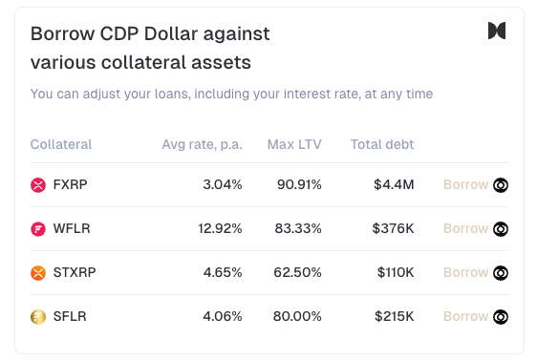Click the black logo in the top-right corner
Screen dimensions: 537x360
(497, 31)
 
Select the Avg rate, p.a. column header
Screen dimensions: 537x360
(202, 145)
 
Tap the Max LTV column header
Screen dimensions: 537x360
(294, 144)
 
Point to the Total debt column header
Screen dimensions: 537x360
(382, 144)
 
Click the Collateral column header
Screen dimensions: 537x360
(61, 144)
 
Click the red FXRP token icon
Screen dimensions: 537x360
(38, 185)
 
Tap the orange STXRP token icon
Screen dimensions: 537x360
(38, 273)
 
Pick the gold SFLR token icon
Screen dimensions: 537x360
(38, 317)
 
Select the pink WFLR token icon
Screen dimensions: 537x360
(38, 229)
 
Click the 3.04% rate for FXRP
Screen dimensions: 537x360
(223, 185)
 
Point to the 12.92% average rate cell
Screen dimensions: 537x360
(220, 228)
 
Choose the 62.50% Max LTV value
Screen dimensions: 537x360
(297, 272)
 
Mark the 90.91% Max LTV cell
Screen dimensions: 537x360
(299, 185)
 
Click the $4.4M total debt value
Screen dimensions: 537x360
(394, 185)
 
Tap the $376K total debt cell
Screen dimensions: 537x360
(393, 228)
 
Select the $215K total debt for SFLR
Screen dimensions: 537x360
(395, 316)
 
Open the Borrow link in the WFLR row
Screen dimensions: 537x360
(465, 228)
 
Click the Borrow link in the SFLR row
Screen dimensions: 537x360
(465, 316)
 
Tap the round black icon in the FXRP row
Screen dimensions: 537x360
(501, 185)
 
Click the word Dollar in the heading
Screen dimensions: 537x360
(171, 33)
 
